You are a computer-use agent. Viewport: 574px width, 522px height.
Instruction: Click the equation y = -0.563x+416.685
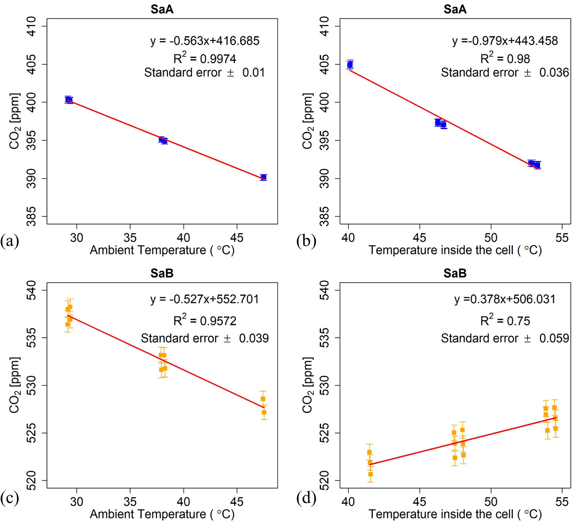205,41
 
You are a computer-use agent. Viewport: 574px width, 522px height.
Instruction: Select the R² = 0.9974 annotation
205,59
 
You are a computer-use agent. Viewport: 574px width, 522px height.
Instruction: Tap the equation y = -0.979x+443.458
505,41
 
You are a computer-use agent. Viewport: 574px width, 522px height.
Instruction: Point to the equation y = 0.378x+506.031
505,299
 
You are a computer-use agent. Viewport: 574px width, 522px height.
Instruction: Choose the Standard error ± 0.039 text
205,338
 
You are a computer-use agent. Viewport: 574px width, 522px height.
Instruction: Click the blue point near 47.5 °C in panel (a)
264,177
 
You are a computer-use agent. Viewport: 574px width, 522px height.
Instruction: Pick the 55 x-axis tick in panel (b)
562,238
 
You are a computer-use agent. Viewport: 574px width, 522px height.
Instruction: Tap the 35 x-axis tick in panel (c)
130,501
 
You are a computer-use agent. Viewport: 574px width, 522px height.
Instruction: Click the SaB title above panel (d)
455,273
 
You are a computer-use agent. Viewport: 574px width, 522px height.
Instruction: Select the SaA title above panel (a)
162,9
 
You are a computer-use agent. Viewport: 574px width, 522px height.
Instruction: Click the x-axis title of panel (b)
455,250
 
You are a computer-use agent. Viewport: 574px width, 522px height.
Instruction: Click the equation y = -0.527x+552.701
205,299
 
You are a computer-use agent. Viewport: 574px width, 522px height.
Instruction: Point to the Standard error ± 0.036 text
505,73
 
